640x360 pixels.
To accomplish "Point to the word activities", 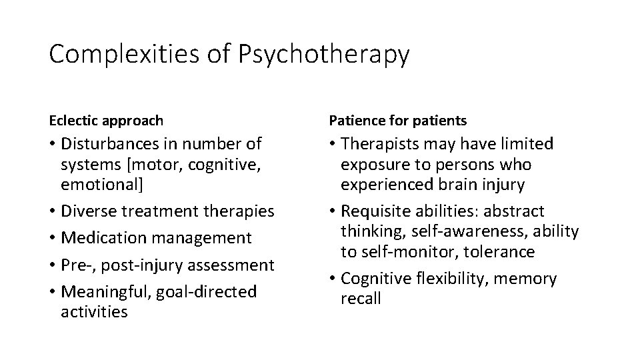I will coord(93,311).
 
